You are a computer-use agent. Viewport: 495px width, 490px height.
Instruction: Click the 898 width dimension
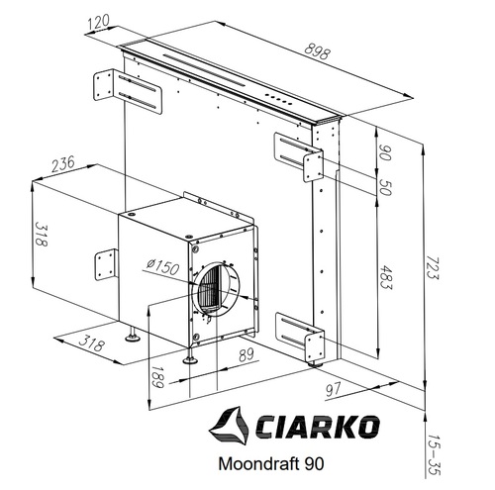pos(317,52)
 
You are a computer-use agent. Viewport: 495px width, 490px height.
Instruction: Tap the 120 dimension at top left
pos(99,22)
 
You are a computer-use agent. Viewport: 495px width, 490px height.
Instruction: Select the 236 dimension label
pos(63,164)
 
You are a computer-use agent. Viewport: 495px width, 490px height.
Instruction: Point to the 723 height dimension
pos(432,267)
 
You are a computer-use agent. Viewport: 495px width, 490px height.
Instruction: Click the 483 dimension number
pos(385,276)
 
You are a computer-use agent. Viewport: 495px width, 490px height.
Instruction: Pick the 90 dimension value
pos(384,152)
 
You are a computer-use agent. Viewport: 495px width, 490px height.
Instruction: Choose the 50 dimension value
pos(385,187)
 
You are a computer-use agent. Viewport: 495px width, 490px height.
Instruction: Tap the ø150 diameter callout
pos(162,267)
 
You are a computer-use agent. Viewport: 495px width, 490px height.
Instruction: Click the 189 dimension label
pos(157,377)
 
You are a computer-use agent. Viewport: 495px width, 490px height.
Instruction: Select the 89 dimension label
pos(247,354)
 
